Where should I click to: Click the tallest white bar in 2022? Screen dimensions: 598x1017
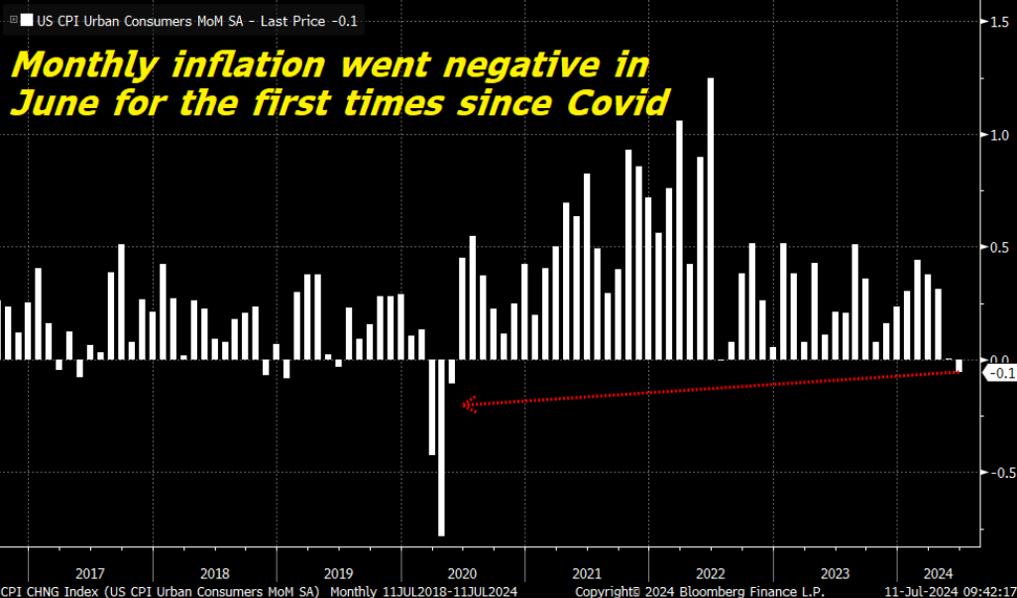(711, 218)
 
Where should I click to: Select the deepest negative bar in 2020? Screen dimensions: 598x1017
(441, 446)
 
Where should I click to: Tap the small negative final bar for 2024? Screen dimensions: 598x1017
(960, 366)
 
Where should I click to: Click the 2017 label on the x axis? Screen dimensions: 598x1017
(90, 573)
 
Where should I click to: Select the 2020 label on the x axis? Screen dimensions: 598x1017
(462, 573)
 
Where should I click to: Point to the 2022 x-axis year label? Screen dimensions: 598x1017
(711, 573)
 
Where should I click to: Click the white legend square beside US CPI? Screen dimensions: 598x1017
(26, 20)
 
